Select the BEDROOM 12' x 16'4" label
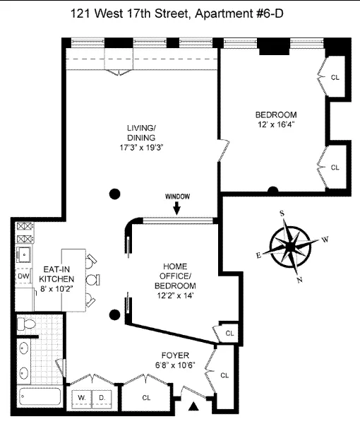point(276,120)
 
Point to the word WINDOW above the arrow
point(177,196)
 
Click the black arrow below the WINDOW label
point(177,208)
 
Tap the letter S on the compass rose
point(282,213)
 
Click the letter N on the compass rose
point(299,280)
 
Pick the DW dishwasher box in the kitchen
point(23,276)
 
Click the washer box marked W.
point(83,398)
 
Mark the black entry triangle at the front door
point(195,406)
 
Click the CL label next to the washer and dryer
point(146,398)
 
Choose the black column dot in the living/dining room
point(114,193)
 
